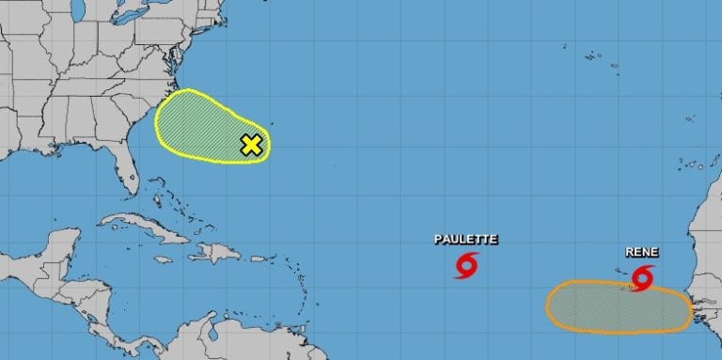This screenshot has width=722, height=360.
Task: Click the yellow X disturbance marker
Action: pyautogui.click(x=251, y=145)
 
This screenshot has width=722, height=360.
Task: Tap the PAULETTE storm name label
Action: pyautogui.click(x=465, y=240)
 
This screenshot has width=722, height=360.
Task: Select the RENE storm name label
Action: pyautogui.click(x=642, y=252)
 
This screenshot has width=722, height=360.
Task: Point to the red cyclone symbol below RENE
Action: pyautogui.click(x=643, y=276)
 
